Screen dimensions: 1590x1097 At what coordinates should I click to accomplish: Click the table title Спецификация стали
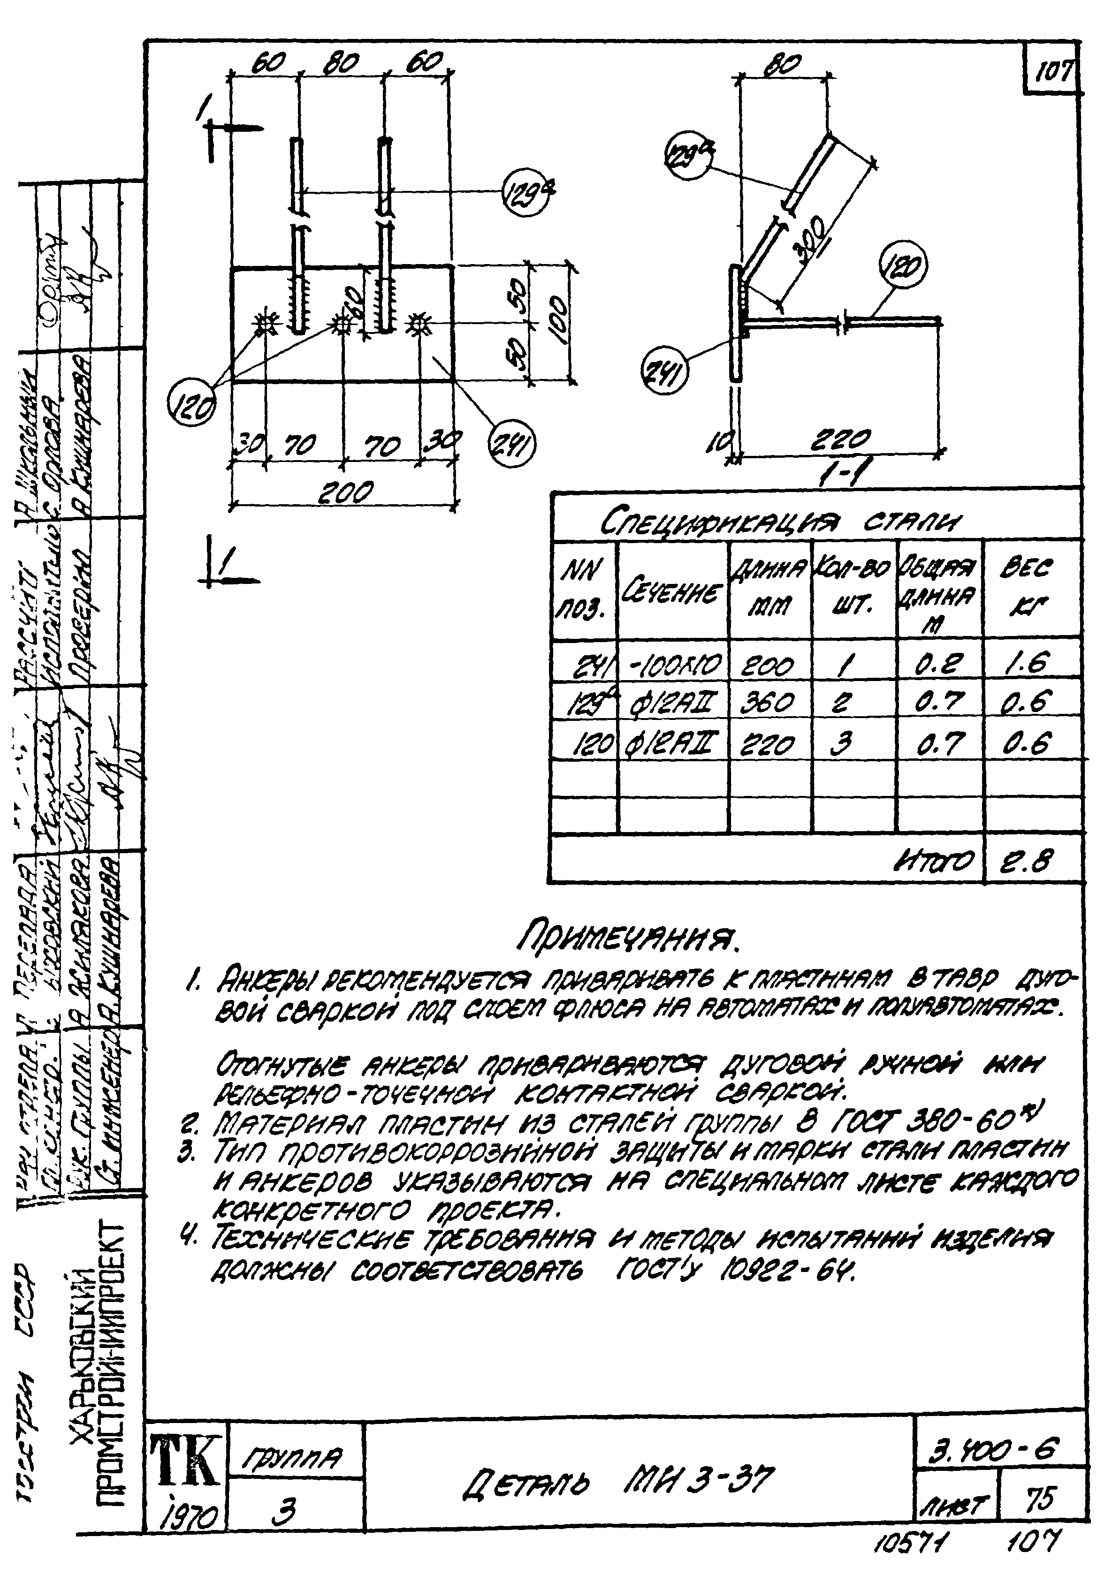(781, 523)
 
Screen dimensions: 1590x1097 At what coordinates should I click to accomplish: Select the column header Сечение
(672, 591)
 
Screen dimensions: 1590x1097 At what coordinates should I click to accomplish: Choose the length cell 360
(769, 702)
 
